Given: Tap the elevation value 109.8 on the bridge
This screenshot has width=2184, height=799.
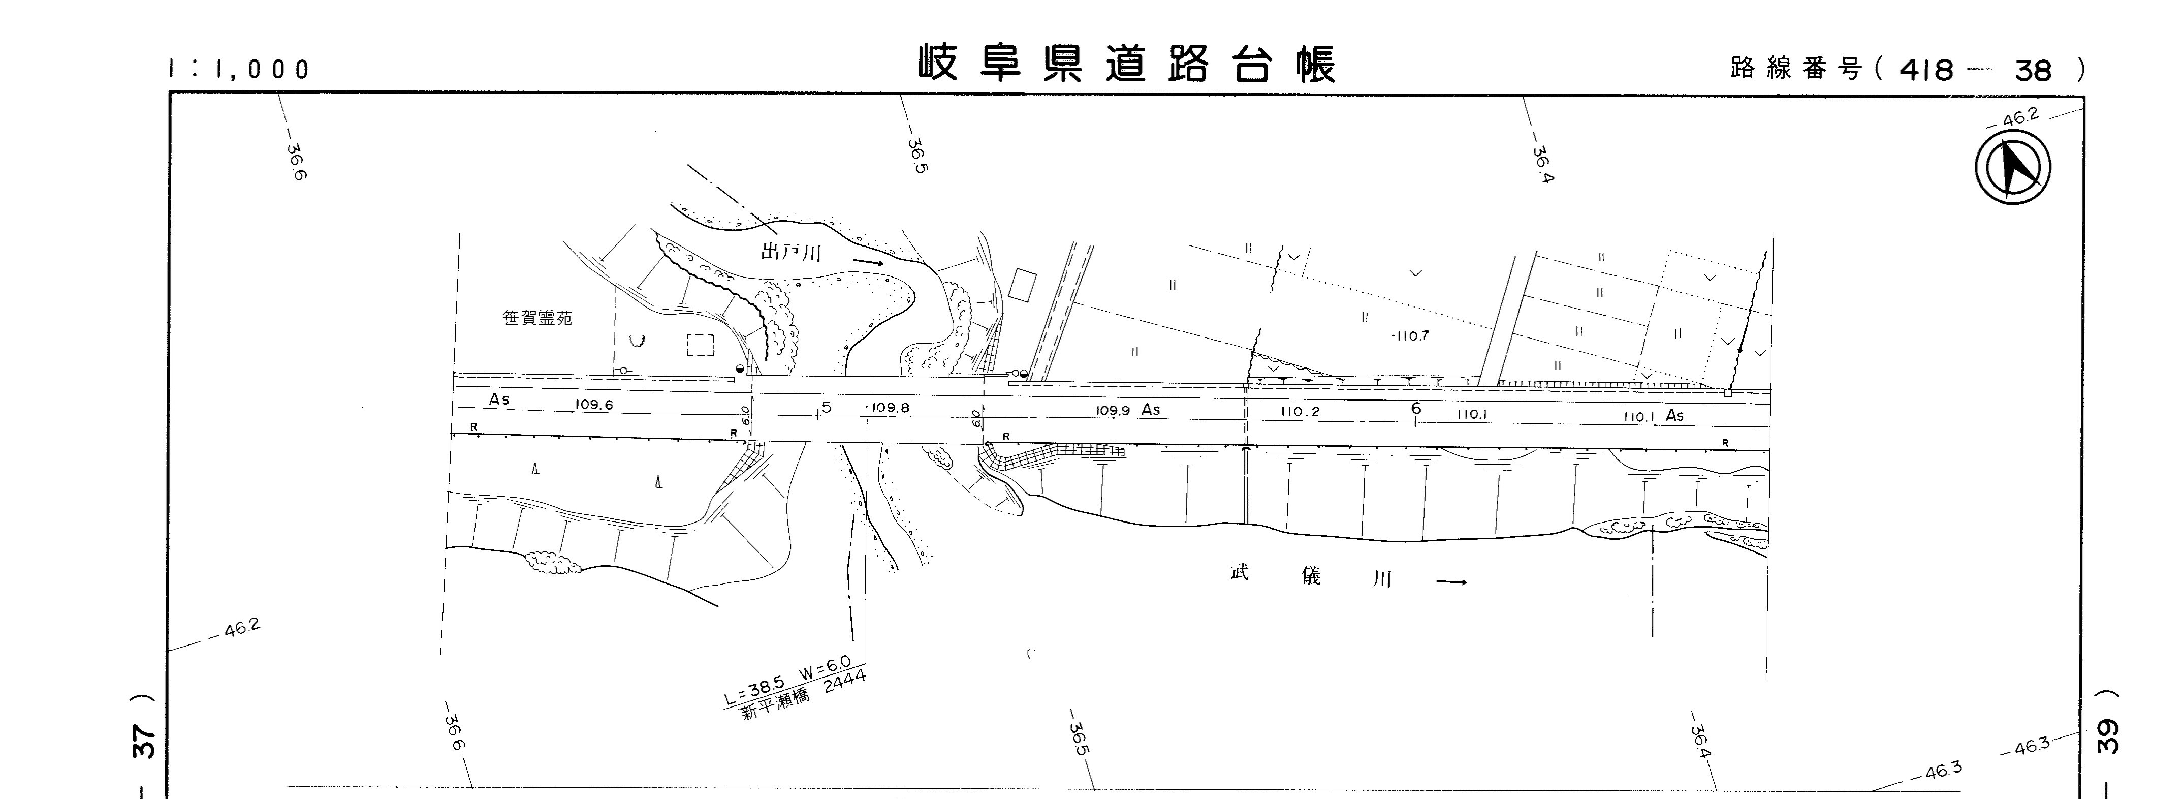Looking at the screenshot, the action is coord(890,407).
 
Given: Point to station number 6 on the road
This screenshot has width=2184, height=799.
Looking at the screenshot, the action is coord(1416,409).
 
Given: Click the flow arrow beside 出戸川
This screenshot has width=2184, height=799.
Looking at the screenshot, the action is coord(869,262).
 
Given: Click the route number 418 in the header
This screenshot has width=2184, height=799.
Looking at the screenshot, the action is coord(1926,70).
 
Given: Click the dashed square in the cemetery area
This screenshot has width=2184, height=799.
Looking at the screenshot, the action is coord(700,345).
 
